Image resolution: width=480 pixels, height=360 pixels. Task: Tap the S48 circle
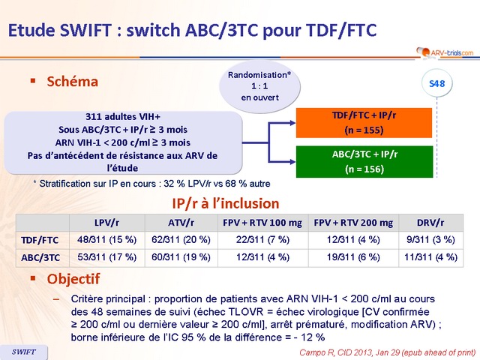point(436,83)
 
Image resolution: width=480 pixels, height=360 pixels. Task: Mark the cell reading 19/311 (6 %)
point(352,256)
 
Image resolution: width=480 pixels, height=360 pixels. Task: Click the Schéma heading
point(72,81)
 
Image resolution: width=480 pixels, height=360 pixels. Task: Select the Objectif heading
point(73,278)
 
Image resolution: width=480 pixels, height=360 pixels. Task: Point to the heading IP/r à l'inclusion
point(236,203)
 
